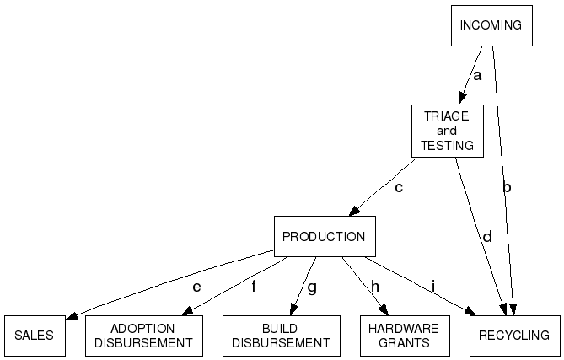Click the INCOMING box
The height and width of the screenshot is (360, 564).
tap(491, 26)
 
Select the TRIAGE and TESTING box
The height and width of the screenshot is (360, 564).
tap(447, 131)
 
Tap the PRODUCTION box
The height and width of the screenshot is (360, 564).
tap(324, 237)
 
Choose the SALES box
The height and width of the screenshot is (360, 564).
tap(34, 336)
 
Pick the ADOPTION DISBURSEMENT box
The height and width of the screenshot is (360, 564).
tap(143, 336)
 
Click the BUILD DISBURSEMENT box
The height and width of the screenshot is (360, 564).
tap(281, 336)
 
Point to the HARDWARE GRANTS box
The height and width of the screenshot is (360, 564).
tap(404, 336)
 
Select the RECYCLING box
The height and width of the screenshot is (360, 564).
tap(514, 336)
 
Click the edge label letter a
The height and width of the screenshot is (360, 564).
tap(476, 76)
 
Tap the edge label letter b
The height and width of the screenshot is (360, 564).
tap(507, 187)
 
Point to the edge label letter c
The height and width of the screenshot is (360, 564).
tap(399, 187)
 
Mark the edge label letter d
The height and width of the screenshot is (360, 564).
tap(486, 237)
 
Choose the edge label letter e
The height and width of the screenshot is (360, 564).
tap(196, 287)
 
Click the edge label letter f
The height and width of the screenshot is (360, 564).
tap(253, 287)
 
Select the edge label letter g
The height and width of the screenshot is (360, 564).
tap(312, 287)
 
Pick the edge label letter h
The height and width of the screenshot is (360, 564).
tap(374, 287)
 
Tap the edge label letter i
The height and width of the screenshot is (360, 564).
tap(432, 287)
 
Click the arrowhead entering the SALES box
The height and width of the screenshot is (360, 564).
tap(71, 316)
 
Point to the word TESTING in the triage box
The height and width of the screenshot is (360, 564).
tap(447, 145)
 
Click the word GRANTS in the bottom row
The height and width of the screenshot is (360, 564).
tap(404, 343)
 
